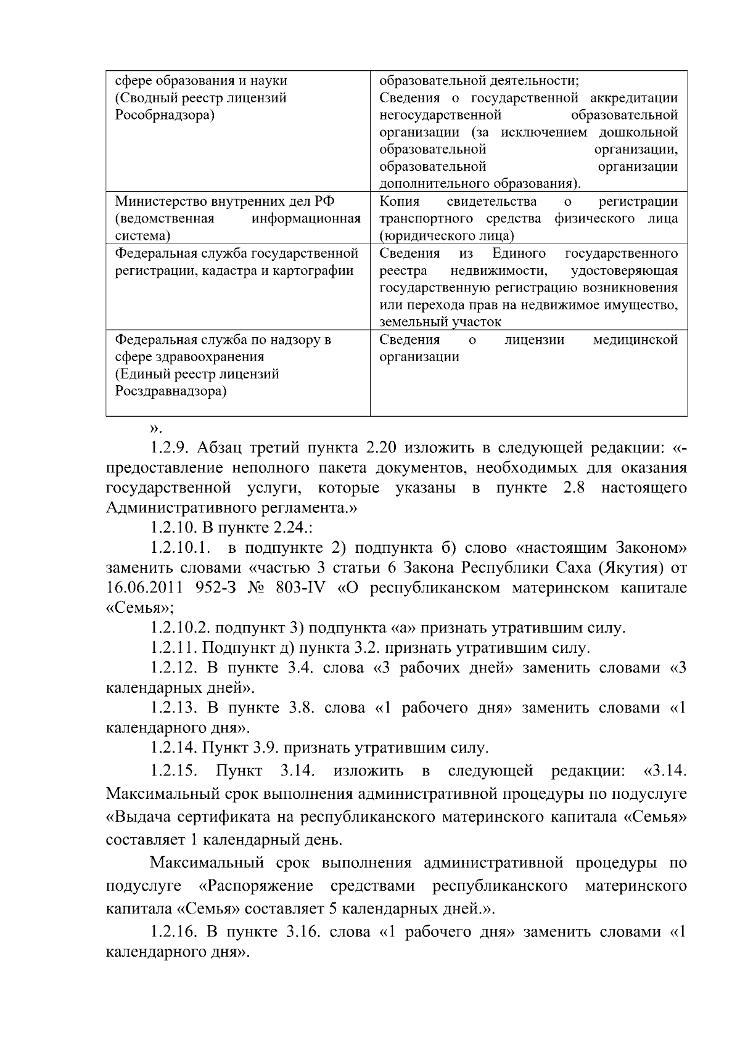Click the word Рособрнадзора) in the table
[164, 115]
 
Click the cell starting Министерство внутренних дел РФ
[237, 218]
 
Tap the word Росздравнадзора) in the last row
[171, 391]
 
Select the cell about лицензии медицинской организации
[528, 348]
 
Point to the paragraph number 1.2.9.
[170, 448]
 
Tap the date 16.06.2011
[139, 588]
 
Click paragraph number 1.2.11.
[173, 648]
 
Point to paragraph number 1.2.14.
[173, 748]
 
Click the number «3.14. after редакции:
[665, 771]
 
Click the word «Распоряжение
[257, 886]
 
